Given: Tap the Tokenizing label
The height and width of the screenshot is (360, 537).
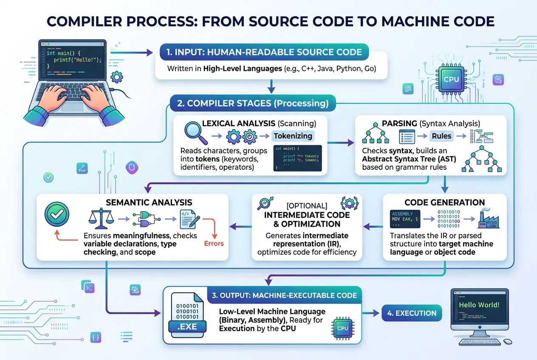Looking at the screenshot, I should tap(293, 136).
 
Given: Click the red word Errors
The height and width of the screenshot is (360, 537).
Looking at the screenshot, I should tap(214, 244).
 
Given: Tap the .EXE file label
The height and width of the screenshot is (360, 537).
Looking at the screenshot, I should tap(188, 327).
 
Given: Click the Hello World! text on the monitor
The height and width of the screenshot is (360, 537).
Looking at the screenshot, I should tap(479, 305).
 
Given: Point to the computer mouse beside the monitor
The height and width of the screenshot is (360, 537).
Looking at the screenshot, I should tap(507, 341).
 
